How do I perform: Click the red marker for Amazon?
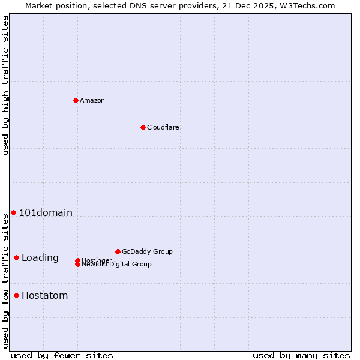point(76,100)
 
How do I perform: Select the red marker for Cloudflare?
point(143,127)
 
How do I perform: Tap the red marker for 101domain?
point(13,212)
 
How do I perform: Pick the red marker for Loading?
point(16,257)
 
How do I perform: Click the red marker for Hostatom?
point(16,295)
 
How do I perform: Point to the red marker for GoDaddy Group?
point(118,251)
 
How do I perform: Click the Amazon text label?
point(92,100)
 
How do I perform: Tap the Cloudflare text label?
point(163,127)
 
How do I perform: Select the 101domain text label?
point(46,212)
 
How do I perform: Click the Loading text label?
point(40,258)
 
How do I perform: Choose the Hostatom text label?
point(45,295)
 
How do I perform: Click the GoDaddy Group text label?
point(147,251)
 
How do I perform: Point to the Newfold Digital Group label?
point(116,265)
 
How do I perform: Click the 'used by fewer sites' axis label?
point(62,355)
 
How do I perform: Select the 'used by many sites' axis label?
point(301,355)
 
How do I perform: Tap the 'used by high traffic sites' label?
point(6,85)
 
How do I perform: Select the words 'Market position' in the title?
point(52,5)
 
